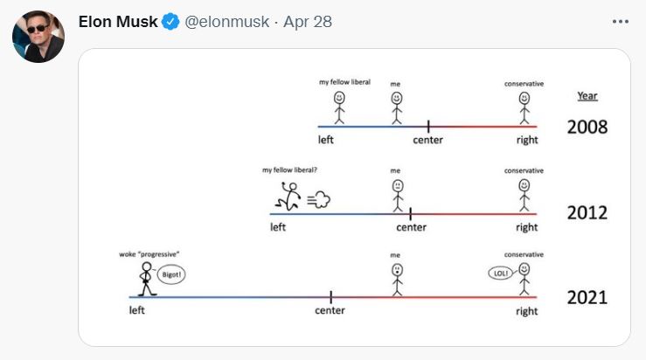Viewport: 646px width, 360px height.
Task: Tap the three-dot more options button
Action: pos(621,22)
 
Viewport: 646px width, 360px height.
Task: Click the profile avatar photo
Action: pos(38,37)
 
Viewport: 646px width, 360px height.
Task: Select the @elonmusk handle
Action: pos(226,22)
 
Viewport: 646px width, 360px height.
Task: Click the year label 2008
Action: pos(587,127)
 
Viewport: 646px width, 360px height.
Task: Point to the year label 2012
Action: pos(587,213)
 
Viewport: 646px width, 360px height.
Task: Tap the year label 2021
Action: pos(587,297)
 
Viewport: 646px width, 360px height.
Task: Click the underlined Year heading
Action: pos(587,96)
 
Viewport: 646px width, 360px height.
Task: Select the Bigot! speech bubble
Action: pos(170,274)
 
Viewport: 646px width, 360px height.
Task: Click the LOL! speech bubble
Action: pos(500,273)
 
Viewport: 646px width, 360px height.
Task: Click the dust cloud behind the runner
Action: pos(320,201)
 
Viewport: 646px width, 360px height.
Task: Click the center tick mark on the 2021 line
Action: pos(330,297)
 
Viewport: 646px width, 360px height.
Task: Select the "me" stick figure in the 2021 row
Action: pos(396,279)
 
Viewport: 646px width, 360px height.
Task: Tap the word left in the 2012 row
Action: pos(278,227)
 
